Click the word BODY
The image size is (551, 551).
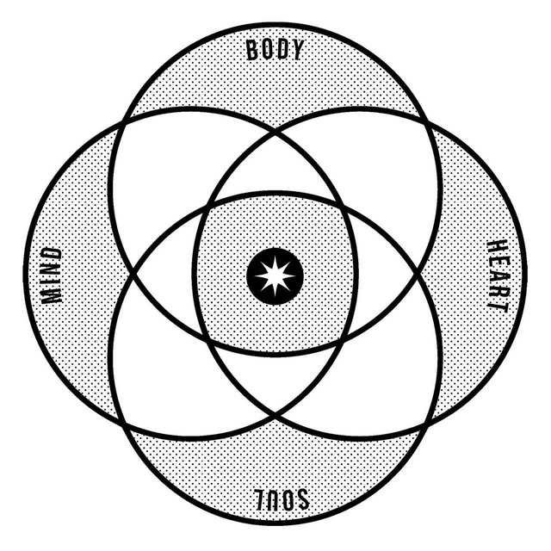(x=275, y=50)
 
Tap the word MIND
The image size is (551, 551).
(x=52, y=275)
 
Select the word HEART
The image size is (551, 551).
(x=498, y=276)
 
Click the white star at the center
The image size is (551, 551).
(x=275, y=275)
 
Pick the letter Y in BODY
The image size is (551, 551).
(x=296, y=49)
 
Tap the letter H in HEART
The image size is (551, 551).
(x=498, y=247)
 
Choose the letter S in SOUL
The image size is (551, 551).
(x=302, y=499)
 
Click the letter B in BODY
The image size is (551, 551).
(x=252, y=50)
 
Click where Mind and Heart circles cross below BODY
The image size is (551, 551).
(x=275, y=133)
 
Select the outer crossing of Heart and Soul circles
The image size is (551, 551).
(x=427, y=427)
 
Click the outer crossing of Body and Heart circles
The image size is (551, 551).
(x=427, y=121)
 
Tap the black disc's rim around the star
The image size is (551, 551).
(x=275, y=250)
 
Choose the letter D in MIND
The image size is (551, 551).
(x=52, y=255)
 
